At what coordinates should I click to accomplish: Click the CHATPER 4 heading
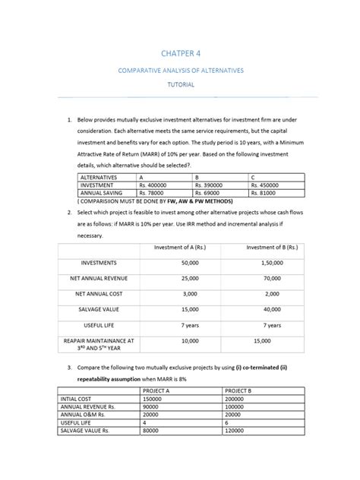click(180, 54)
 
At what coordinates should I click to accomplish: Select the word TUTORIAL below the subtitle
click(180, 84)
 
